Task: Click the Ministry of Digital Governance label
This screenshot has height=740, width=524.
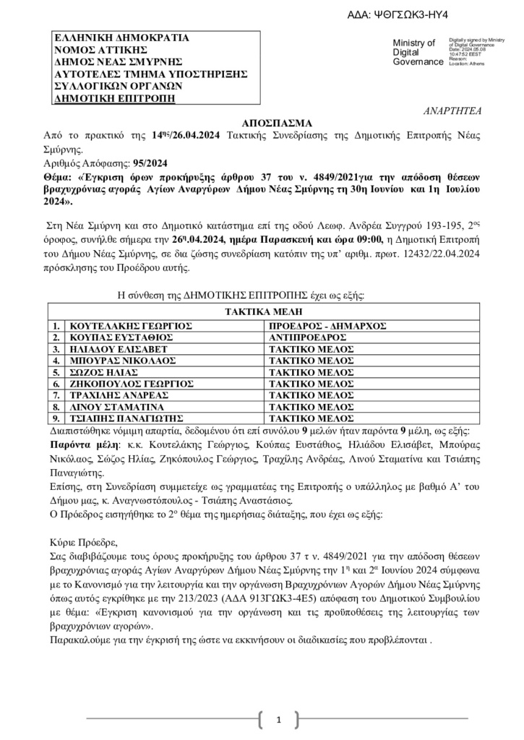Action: (414, 53)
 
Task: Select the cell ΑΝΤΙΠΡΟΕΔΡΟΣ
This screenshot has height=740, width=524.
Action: (304, 337)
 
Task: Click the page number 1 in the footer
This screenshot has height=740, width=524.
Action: (278, 720)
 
